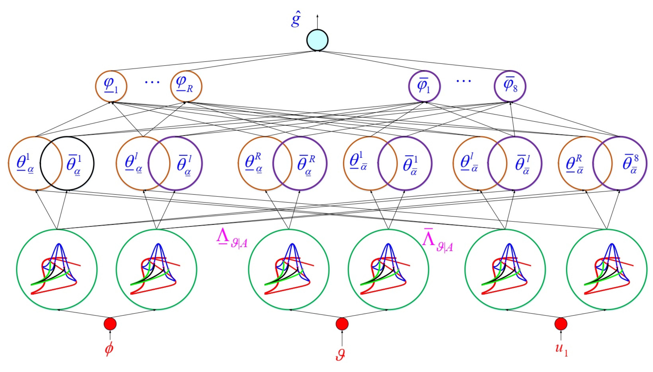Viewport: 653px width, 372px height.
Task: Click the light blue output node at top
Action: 317,40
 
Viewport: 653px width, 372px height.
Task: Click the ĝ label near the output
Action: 296,20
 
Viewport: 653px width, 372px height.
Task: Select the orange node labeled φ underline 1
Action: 111,86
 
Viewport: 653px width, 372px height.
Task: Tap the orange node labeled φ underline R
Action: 186,86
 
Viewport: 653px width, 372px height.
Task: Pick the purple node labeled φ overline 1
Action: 424,86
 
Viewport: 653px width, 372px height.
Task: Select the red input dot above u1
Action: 561,324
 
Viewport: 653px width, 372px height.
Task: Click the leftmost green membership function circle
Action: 57,270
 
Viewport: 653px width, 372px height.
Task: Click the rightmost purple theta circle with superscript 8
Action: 620,164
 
